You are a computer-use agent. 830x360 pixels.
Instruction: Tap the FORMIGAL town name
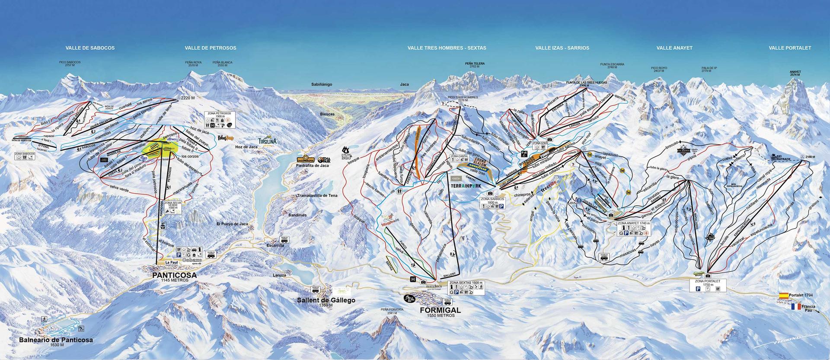click(x=440, y=310)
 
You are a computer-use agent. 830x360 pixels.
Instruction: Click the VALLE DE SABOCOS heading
click(x=90, y=48)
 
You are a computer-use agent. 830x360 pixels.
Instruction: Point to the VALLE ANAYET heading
click(x=674, y=48)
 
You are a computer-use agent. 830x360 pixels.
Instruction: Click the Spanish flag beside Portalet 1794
click(x=783, y=296)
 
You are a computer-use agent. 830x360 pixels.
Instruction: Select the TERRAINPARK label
click(x=465, y=186)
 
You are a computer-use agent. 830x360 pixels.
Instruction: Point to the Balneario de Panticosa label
click(x=56, y=340)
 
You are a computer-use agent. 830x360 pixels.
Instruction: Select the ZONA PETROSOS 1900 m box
click(x=219, y=120)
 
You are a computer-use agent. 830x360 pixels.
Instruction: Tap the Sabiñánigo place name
click(x=321, y=84)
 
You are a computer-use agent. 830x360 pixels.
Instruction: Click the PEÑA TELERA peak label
click(x=474, y=64)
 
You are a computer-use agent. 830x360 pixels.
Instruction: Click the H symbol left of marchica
click(x=413, y=280)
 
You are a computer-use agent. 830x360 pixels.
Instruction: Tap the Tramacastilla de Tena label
click(x=317, y=196)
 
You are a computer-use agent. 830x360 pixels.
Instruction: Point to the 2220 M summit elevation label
click(x=189, y=98)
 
